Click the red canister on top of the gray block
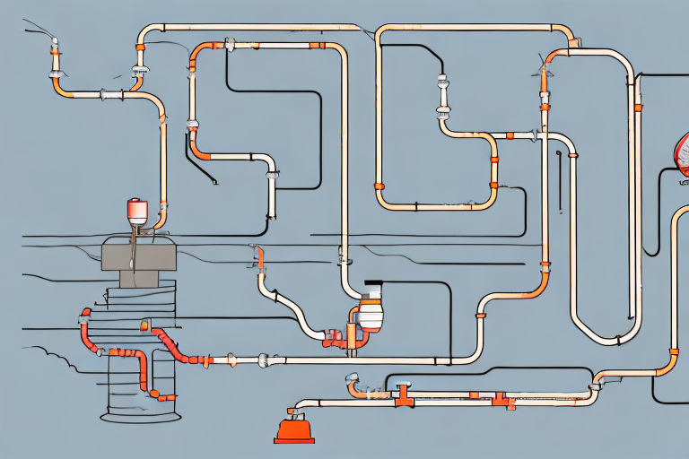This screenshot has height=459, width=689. tap(137, 212)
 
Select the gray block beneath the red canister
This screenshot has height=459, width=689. tap(134, 255)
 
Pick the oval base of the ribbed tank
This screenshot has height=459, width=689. tap(135, 416)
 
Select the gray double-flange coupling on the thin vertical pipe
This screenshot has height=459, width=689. tap(443, 98)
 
